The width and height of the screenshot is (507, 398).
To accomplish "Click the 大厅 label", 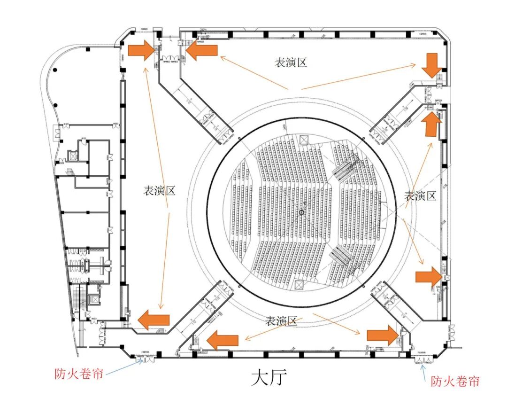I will point(269,377).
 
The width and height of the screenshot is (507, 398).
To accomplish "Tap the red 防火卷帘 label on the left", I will point(77,374).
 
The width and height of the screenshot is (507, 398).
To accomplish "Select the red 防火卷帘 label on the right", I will point(455,381).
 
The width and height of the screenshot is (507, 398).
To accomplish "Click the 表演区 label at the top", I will point(291,62).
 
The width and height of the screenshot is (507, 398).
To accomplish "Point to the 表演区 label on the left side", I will point(159,190).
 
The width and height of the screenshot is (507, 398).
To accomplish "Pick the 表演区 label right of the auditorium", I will point(421,195).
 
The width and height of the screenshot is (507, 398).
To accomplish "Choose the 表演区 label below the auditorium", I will point(282,321).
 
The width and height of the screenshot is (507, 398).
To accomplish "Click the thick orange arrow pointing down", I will point(431,65).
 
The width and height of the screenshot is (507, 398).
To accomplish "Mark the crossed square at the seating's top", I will point(303,139).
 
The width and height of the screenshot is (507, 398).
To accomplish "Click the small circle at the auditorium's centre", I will point(301,213).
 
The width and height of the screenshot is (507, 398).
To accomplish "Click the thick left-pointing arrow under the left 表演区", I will point(154,320).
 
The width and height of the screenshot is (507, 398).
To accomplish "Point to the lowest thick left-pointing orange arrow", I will point(223,339).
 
